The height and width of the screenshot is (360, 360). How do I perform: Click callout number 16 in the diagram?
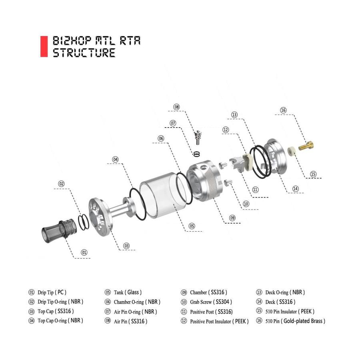pos(283,110)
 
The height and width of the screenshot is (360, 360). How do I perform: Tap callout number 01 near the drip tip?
pos(84,252)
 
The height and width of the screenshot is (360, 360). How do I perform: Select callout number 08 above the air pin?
pos(177,107)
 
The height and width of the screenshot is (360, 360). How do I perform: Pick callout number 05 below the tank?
pos(192,226)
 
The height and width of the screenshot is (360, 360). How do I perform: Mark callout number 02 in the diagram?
pos(62,184)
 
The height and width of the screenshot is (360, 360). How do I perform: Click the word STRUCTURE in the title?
pos(84,53)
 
